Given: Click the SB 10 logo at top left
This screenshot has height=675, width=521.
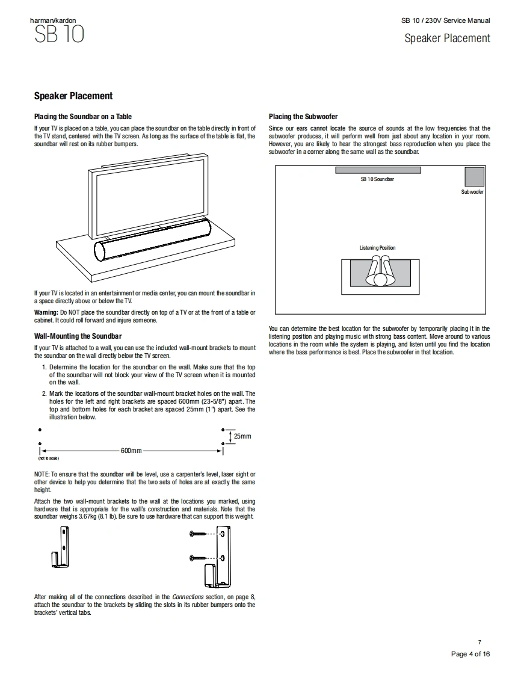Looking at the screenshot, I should click(x=58, y=34).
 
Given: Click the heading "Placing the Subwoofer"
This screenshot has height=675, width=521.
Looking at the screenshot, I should click(x=303, y=117).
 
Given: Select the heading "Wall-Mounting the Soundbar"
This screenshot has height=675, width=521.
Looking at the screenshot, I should click(x=78, y=336).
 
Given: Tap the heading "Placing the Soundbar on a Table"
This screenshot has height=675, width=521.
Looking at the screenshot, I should click(x=83, y=117).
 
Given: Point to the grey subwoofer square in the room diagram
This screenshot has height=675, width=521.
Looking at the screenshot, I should click(x=474, y=176).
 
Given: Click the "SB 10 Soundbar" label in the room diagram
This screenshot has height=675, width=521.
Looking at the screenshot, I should click(x=377, y=180).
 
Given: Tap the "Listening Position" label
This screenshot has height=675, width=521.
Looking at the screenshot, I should click(x=377, y=248).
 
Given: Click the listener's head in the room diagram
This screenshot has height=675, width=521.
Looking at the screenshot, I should click(x=380, y=279).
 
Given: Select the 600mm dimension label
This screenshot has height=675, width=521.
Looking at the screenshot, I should click(x=131, y=451).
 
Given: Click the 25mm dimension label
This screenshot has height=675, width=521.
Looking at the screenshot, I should click(x=242, y=436).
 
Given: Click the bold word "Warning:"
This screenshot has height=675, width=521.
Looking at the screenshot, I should click(x=46, y=313).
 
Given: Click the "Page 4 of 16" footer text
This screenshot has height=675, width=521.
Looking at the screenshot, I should click(x=470, y=655).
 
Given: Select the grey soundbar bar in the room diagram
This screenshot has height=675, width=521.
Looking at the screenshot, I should click(x=378, y=170).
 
